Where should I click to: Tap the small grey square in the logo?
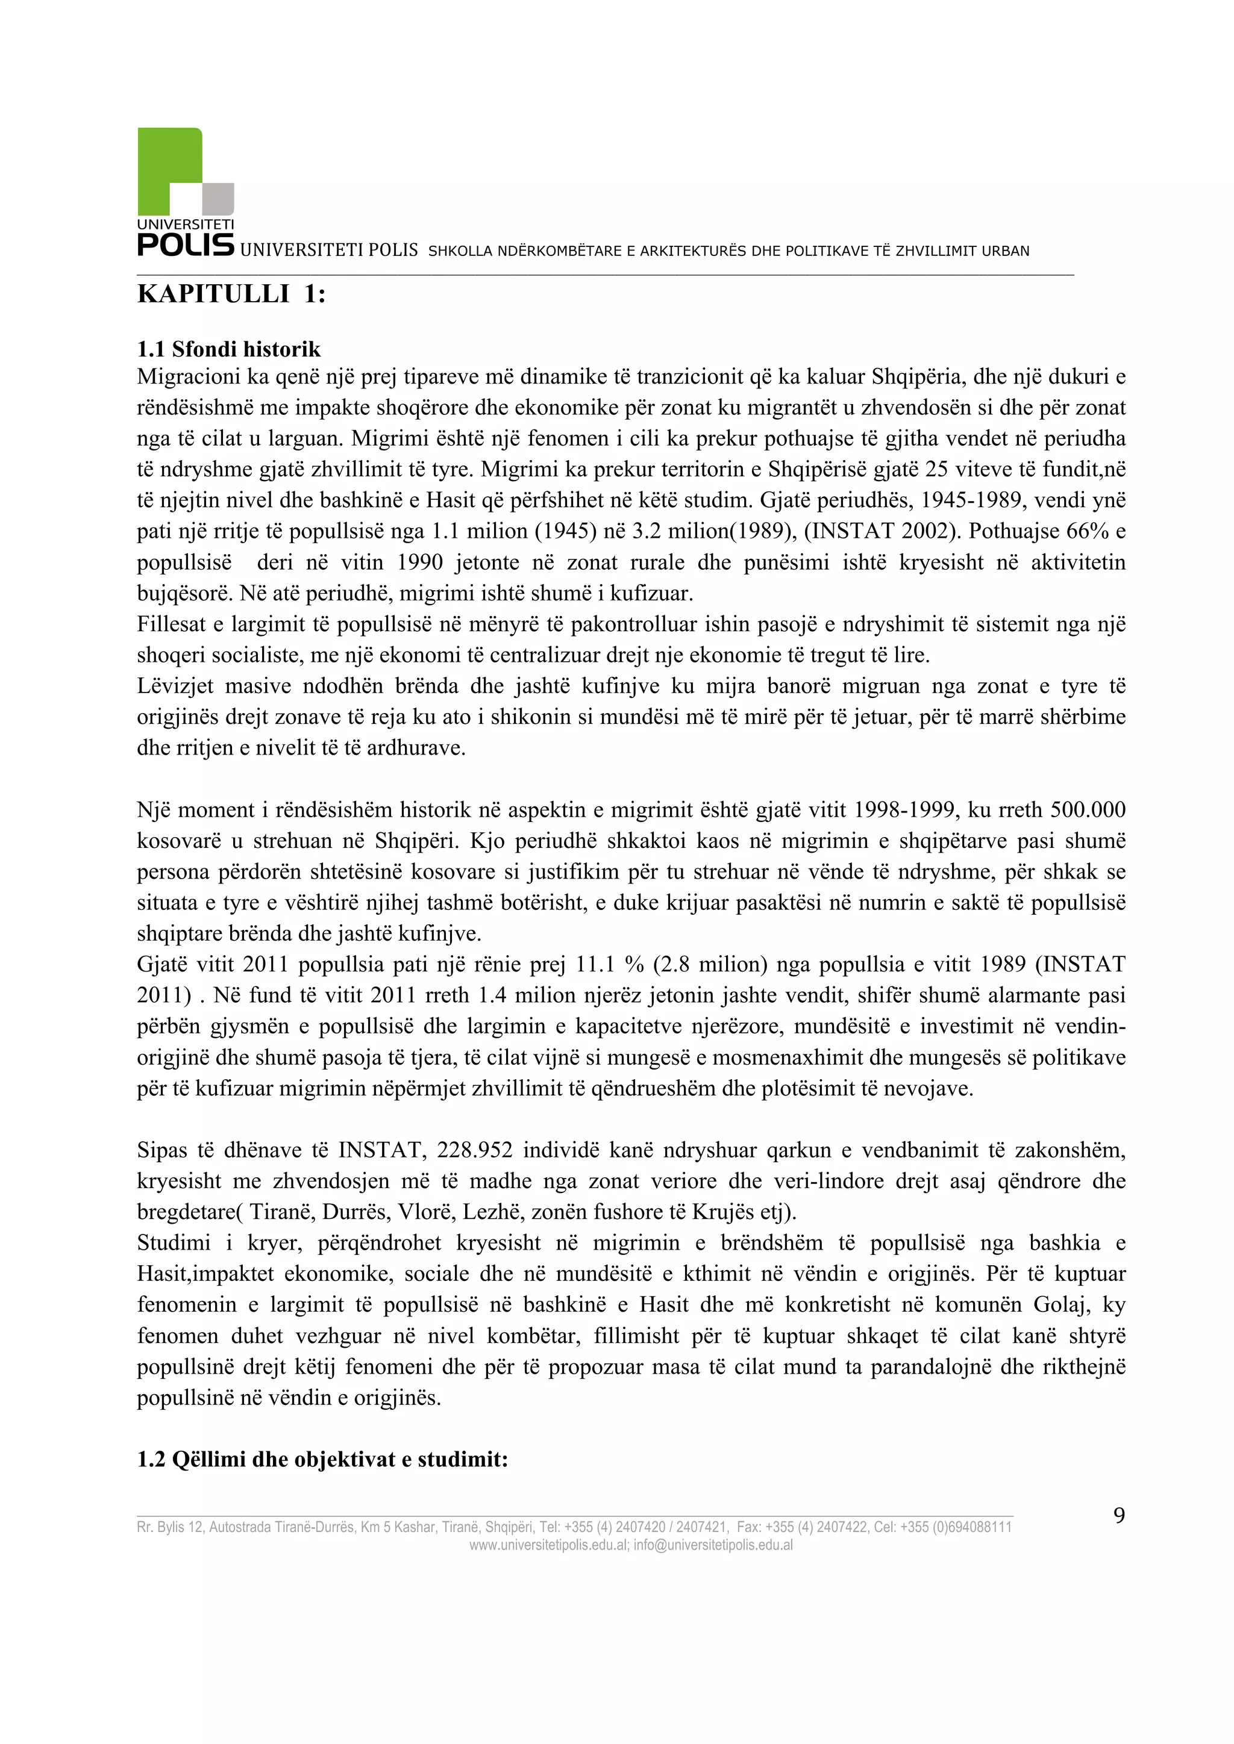pos(219,198)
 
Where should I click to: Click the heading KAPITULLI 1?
pos(231,294)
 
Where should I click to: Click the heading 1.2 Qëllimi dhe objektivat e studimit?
pos(322,1459)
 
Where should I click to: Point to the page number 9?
pos(1120,1515)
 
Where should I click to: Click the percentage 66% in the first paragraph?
pos(1088,531)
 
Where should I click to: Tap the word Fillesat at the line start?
pos(172,624)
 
